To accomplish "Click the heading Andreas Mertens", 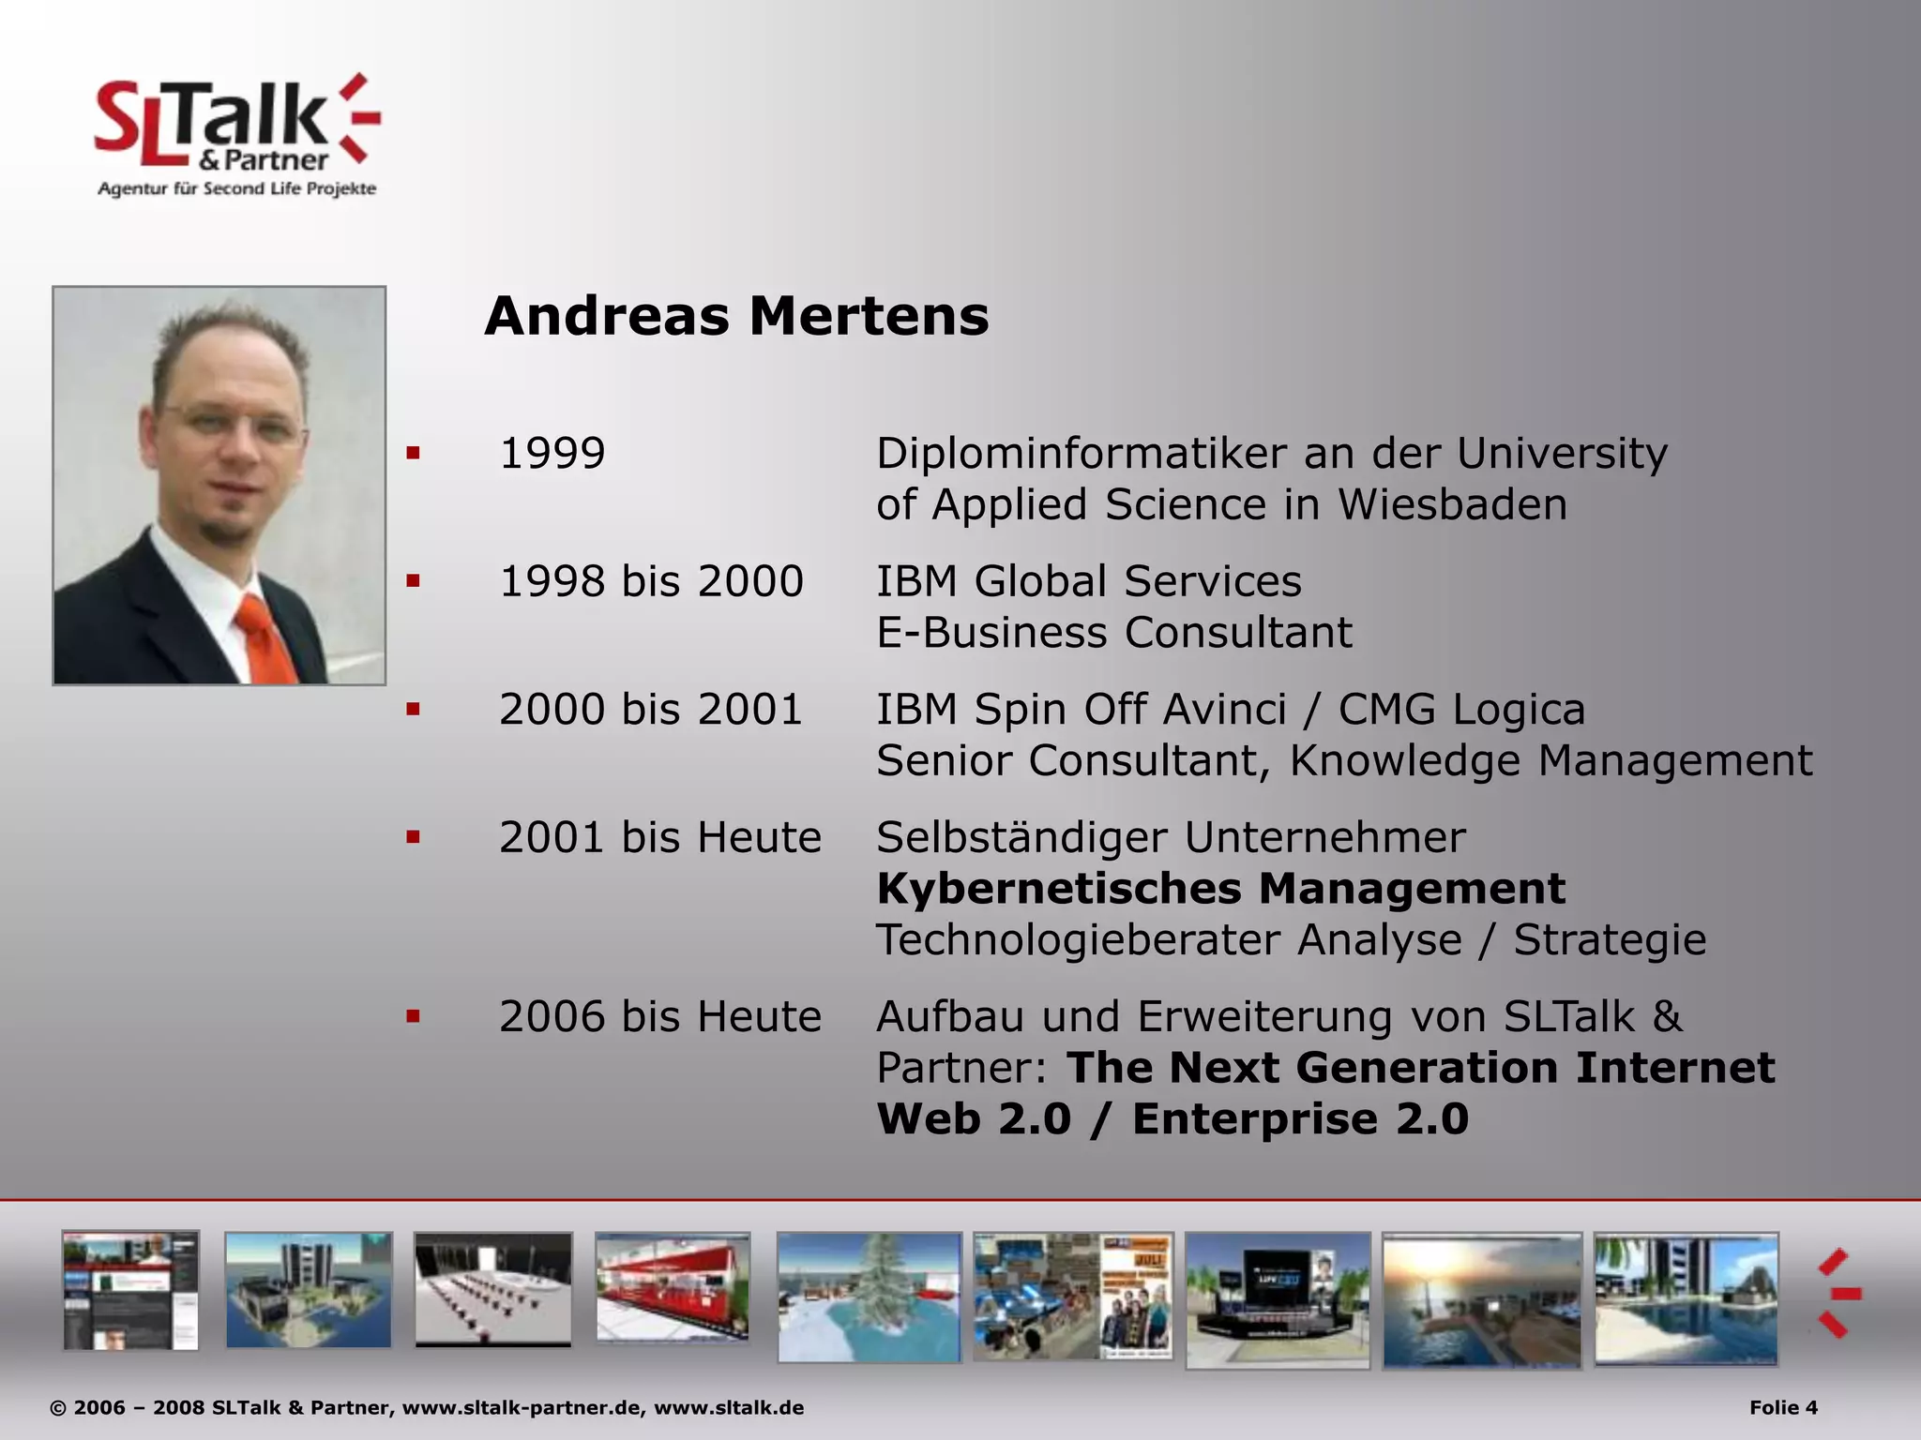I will (x=736, y=316).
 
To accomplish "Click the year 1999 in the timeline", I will (x=552, y=454).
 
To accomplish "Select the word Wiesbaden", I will (x=1452, y=504).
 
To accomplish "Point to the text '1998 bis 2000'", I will (x=651, y=581).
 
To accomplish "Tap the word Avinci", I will (x=1224, y=710).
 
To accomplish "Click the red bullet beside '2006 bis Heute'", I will (x=413, y=1016).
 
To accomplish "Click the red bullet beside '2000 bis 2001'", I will (x=413, y=710).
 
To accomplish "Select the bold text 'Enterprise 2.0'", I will (x=1300, y=1119).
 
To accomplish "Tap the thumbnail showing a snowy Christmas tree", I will (x=870, y=1297).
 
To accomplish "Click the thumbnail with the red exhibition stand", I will (x=673, y=1287).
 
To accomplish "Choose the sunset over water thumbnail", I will (x=1481, y=1299).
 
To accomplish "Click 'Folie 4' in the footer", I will (x=1783, y=1407).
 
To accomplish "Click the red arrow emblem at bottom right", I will (x=1838, y=1294).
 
